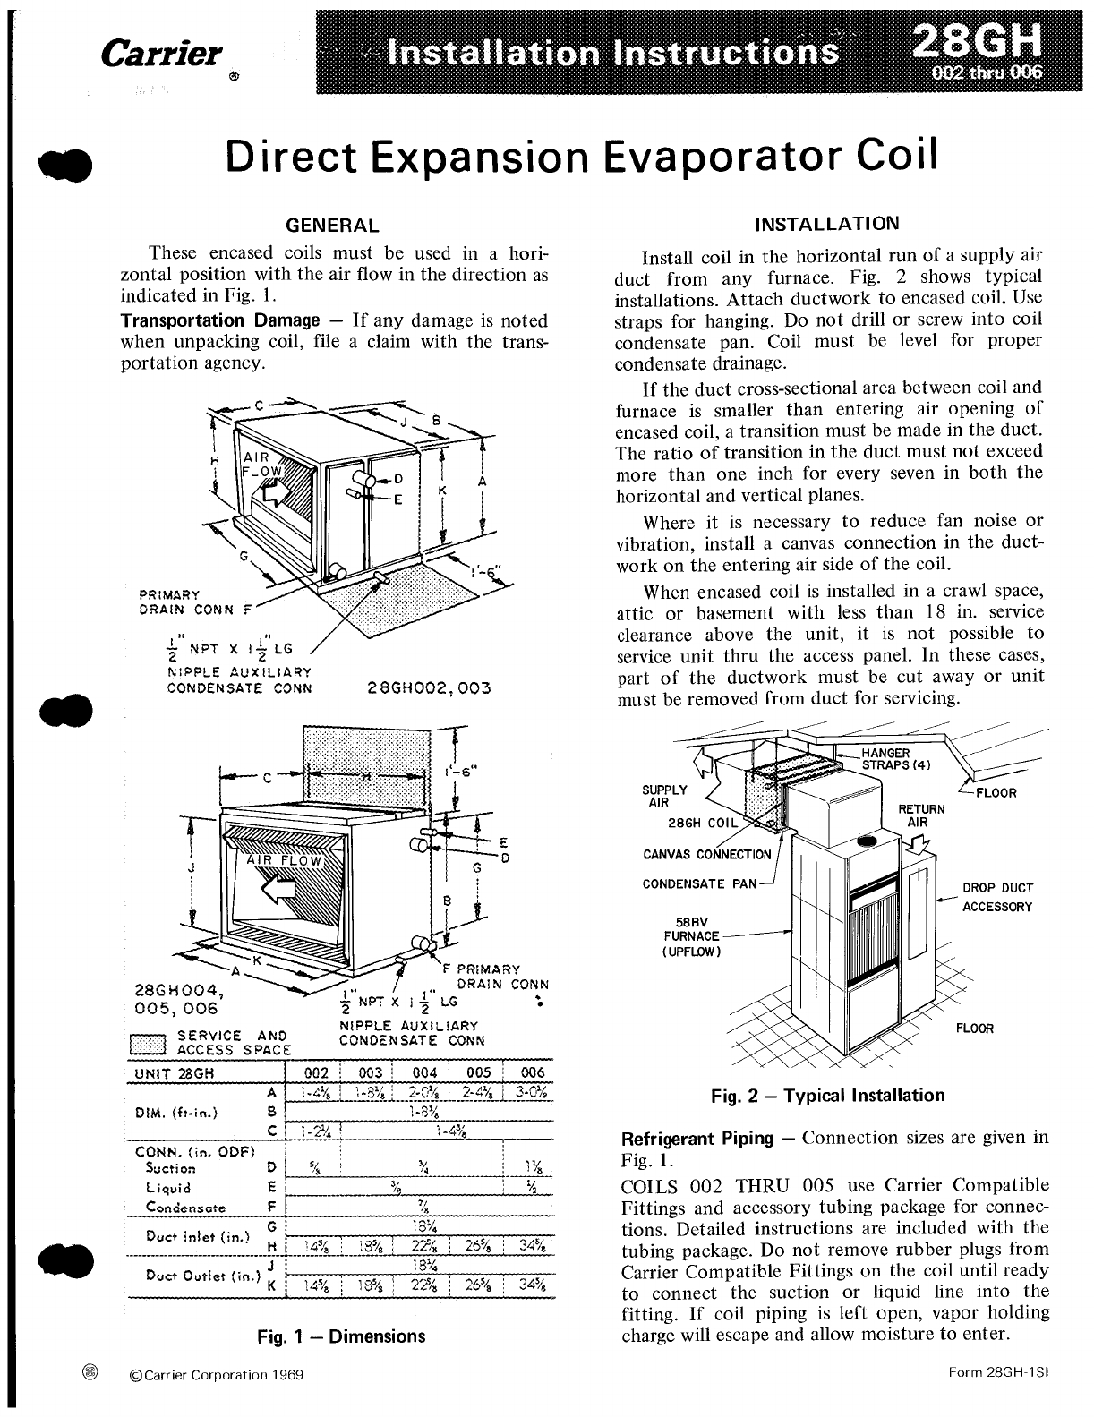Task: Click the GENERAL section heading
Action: coord(331,225)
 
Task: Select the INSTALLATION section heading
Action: coord(827,223)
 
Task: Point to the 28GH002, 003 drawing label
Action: coord(429,689)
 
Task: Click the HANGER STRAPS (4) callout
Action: coord(896,759)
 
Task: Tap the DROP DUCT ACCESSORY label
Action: coord(997,897)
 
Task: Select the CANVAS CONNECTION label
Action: coord(706,854)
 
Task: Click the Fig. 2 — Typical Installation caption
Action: coord(827,1095)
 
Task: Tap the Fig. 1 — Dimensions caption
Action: coord(340,1336)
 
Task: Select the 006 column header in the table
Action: coord(532,1073)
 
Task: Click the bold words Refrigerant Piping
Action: coord(697,1139)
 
